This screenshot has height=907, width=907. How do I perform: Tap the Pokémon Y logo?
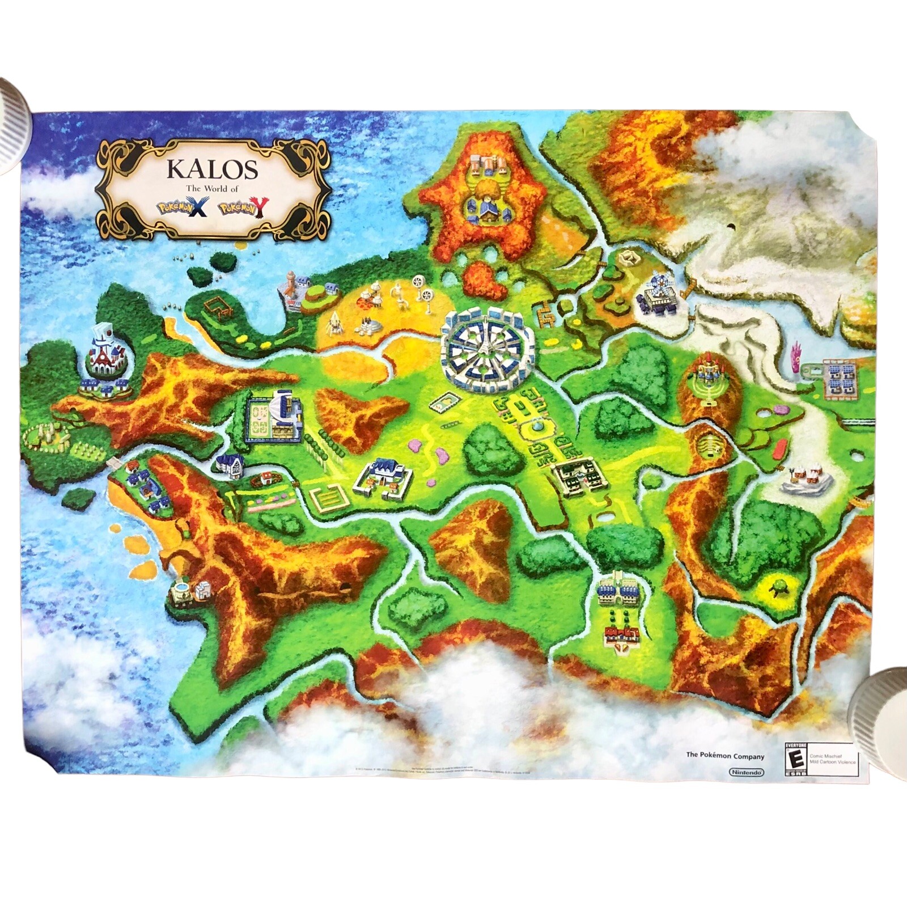tap(243, 208)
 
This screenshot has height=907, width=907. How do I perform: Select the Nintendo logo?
tap(746, 772)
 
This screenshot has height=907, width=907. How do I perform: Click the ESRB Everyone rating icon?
tap(795, 759)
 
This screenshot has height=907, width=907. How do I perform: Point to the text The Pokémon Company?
tap(725, 756)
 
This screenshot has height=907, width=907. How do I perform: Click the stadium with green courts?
tap(273, 417)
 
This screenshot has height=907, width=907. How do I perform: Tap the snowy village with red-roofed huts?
tap(806, 478)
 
